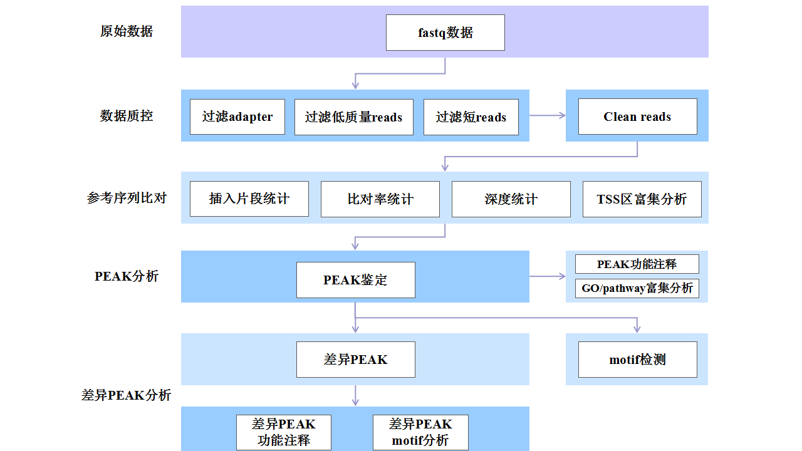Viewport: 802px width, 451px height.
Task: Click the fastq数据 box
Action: click(445, 33)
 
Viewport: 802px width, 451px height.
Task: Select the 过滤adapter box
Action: click(237, 117)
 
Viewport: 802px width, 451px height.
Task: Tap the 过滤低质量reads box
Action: click(353, 117)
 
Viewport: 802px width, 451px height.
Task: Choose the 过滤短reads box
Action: click(471, 117)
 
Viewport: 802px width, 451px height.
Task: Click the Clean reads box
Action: click(637, 117)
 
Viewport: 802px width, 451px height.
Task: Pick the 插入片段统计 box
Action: click(249, 199)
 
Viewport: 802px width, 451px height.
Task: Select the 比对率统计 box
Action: click(380, 199)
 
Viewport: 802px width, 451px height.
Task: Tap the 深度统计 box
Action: click(511, 199)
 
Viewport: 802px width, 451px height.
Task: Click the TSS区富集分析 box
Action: click(642, 199)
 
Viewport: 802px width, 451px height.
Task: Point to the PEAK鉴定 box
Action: click(355, 280)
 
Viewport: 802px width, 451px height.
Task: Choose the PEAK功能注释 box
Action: click(637, 264)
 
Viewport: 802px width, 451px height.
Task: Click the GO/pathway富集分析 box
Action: click(637, 288)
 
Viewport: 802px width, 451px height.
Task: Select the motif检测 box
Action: click(637, 360)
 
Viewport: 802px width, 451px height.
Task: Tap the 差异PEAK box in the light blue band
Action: click(355, 360)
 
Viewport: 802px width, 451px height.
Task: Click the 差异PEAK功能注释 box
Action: click(283, 432)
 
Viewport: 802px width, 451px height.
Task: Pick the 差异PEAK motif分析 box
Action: click(420, 432)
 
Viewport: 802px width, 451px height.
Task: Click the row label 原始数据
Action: click(126, 31)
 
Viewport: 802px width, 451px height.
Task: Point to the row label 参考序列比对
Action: click(127, 198)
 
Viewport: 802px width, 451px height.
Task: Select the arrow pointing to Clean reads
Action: click(548, 115)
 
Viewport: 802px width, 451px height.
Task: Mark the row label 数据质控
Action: click(126, 115)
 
